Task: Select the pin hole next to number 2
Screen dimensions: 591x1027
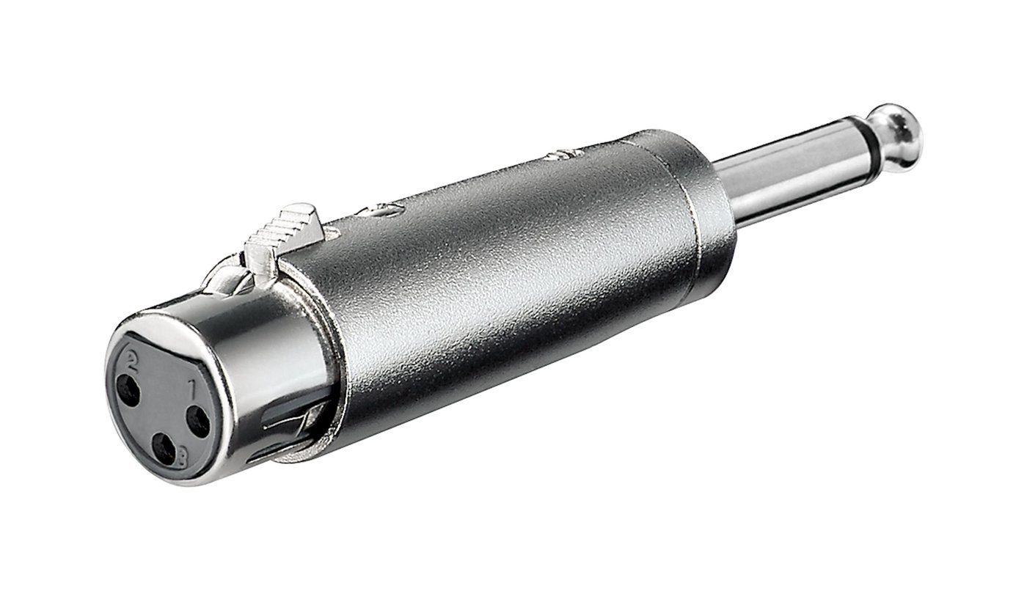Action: [x=128, y=392]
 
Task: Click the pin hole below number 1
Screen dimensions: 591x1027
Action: [x=197, y=421]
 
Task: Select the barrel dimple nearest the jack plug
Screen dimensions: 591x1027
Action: [x=561, y=155]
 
